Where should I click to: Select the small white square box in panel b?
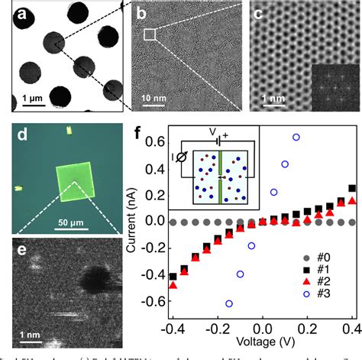(150, 34)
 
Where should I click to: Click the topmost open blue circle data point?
(296, 137)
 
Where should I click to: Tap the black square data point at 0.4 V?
(351, 188)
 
